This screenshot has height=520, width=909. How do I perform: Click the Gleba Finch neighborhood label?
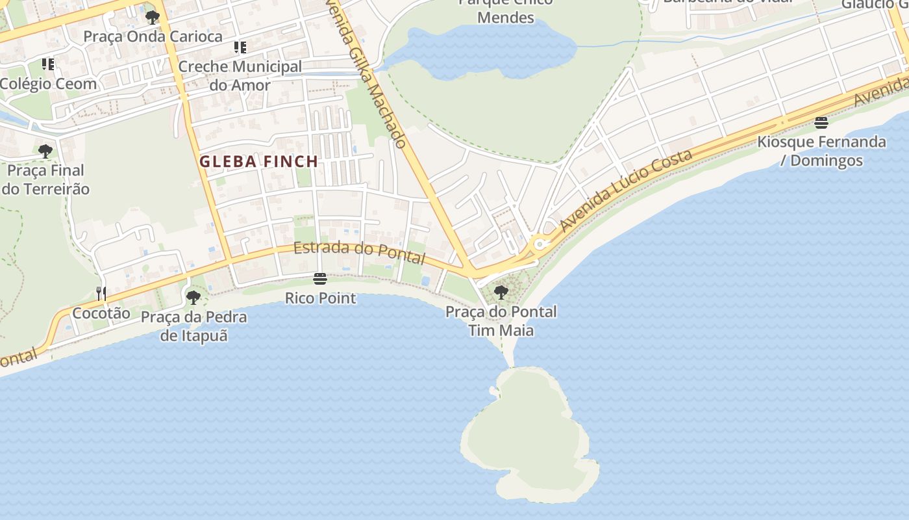click(x=258, y=161)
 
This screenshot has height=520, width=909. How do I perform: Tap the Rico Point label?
click(x=320, y=298)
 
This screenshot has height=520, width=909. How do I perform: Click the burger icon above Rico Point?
click(x=319, y=279)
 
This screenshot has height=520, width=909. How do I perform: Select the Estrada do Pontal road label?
click(x=359, y=252)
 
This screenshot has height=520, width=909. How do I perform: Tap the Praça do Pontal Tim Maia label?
click(x=501, y=321)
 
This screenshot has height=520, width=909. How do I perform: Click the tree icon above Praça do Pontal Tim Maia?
click(x=501, y=292)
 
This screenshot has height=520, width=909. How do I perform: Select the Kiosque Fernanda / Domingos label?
click(x=821, y=151)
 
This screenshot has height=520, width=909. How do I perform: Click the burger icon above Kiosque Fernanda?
click(x=821, y=123)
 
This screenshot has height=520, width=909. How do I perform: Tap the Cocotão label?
click(x=101, y=313)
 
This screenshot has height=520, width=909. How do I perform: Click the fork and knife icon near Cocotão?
click(x=101, y=294)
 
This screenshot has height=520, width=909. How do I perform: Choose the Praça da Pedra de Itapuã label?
click(x=193, y=326)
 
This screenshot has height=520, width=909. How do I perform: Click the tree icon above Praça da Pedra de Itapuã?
click(x=193, y=298)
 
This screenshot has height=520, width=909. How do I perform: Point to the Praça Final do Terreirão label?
click(x=45, y=179)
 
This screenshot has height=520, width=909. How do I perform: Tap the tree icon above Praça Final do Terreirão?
click(x=45, y=151)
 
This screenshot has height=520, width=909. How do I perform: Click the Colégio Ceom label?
click(x=48, y=84)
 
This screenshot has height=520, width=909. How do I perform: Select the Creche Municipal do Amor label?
click(x=240, y=75)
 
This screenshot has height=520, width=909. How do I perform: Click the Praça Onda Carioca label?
click(x=153, y=36)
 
